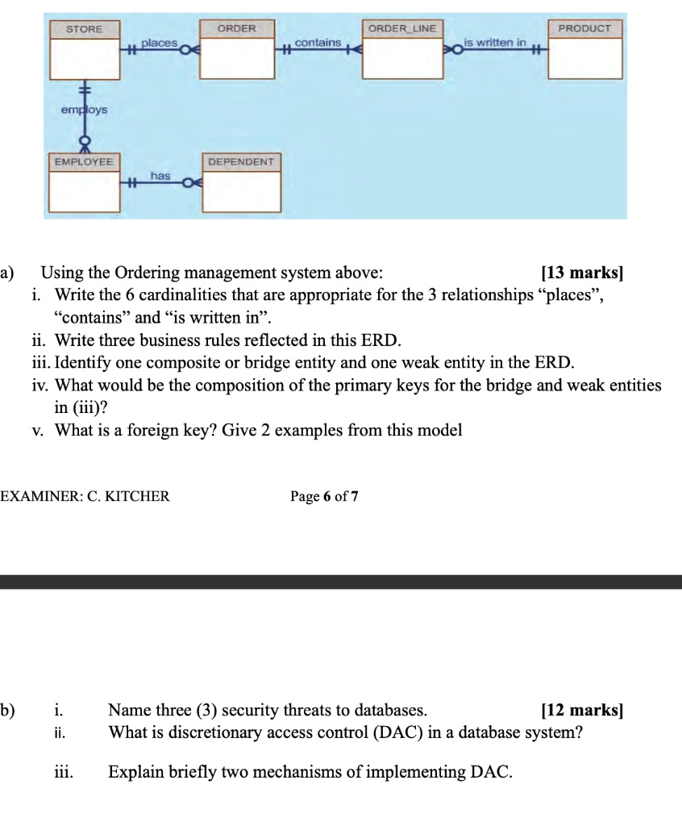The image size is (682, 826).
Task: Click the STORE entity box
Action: point(85,50)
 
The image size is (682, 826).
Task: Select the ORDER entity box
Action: point(237,50)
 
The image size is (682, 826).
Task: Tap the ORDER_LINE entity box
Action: point(401,50)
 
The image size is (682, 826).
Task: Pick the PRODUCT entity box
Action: point(585,50)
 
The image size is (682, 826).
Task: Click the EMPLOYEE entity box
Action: point(84,183)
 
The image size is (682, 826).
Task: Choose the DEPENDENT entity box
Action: point(241,183)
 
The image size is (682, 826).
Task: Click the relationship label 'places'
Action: point(159,41)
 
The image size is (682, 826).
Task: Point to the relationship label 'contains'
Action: point(318,41)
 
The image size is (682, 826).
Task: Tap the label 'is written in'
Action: point(495,41)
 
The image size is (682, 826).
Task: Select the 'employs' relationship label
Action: point(84,110)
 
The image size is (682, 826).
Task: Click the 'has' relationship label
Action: point(160,175)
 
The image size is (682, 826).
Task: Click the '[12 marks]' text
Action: point(583,711)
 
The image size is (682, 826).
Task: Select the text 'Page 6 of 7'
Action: point(324,497)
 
